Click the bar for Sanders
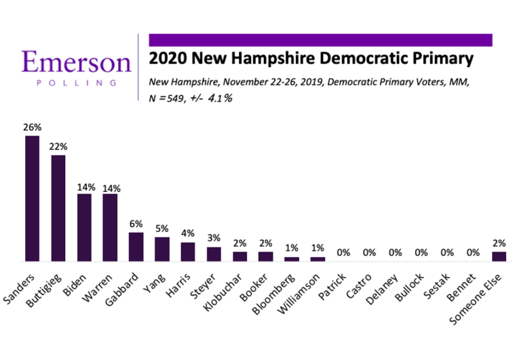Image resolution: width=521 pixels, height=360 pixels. click(x=32, y=199)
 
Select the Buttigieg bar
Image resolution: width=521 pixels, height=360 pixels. click(x=58, y=208)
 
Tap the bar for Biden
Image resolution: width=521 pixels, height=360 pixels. click(x=84, y=228)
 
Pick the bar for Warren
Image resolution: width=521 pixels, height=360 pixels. click(x=110, y=228)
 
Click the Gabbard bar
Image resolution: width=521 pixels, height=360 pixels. click(x=136, y=247)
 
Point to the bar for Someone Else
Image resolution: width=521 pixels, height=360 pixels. click(x=499, y=256)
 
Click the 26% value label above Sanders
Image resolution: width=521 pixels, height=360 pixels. click(x=32, y=127)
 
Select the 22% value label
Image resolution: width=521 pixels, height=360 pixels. click(x=58, y=146)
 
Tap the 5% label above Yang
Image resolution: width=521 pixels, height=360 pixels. click(x=162, y=228)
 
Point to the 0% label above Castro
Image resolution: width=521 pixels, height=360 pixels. click(x=369, y=253)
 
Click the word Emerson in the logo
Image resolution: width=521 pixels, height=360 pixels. click(x=76, y=62)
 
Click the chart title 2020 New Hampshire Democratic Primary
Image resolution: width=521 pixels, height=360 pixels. click(x=311, y=58)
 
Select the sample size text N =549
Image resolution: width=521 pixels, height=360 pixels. click(x=174, y=97)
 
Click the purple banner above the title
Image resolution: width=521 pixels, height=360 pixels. click(x=320, y=40)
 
